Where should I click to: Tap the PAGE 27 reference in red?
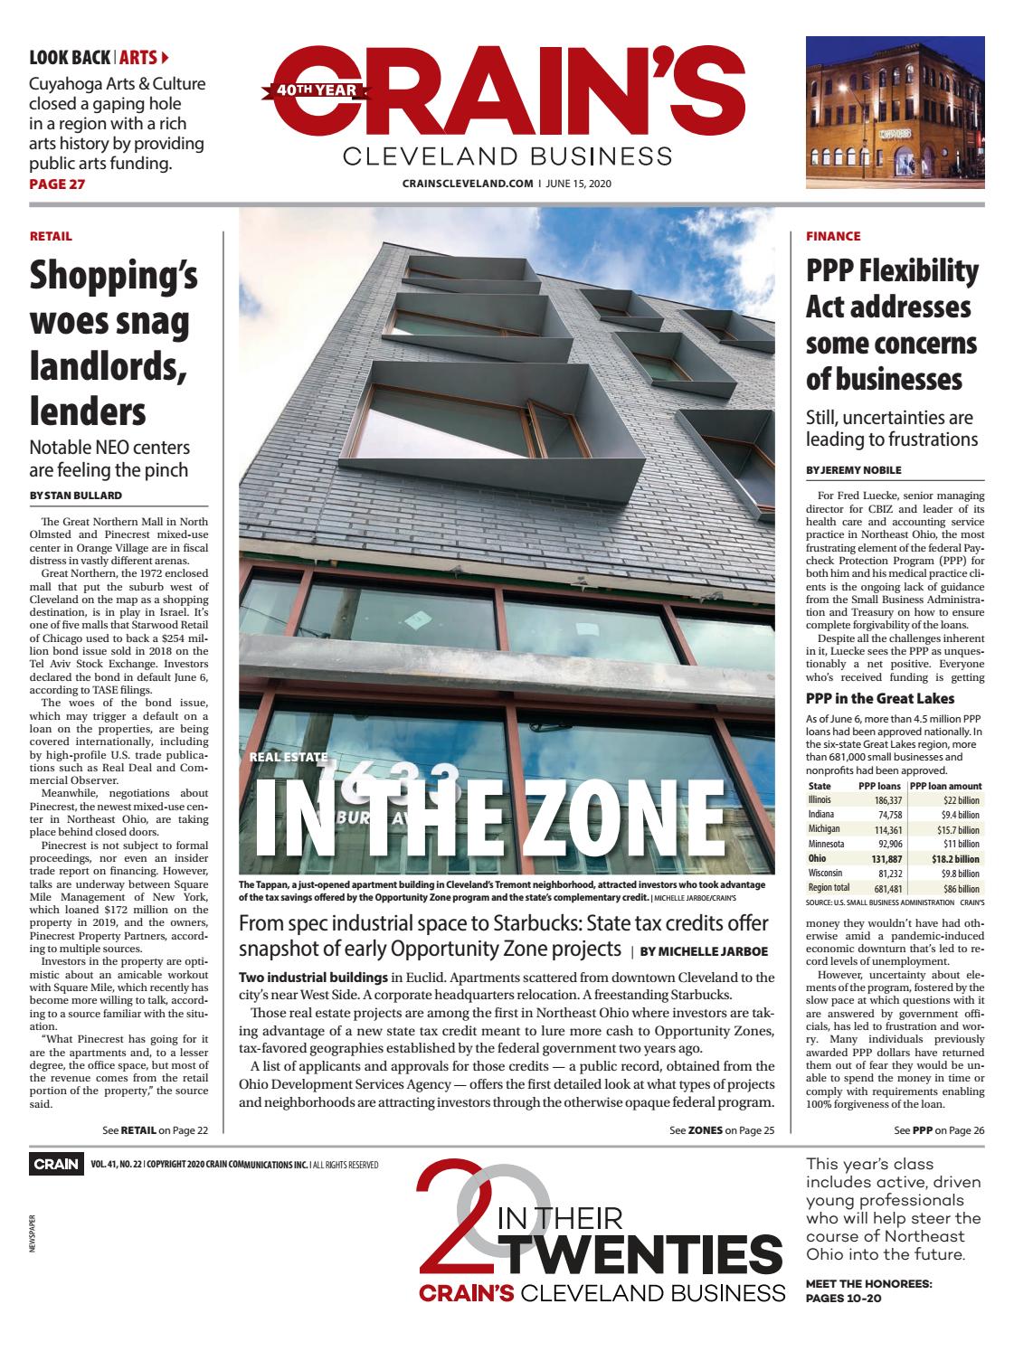point(58,184)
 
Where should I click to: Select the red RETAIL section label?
point(51,236)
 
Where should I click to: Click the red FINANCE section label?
point(833,236)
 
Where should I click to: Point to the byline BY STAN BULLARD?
point(76,495)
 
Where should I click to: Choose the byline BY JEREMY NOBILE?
point(853,470)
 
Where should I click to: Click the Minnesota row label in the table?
point(827,844)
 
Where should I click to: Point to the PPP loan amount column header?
point(946,786)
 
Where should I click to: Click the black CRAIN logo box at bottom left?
point(56,1164)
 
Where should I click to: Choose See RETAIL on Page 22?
point(156,1129)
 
